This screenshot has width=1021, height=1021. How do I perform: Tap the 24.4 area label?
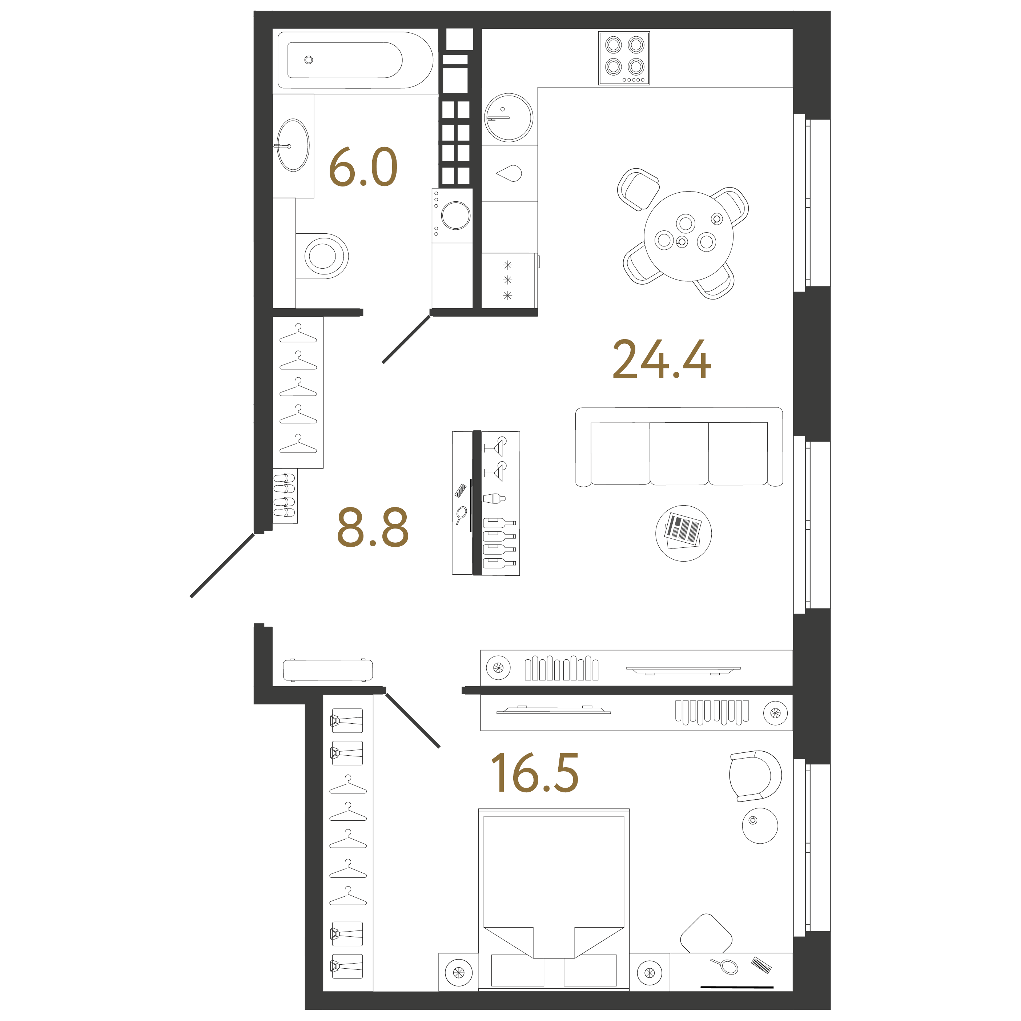pos(662,359)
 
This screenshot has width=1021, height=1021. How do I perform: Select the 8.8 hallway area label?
pos(373,527)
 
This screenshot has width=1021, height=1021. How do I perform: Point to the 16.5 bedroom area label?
pos(535,773)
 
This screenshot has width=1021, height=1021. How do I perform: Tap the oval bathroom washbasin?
pos(293,145)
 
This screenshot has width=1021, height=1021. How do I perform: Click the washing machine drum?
pos(455,216)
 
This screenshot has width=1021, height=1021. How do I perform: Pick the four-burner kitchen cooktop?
pos(624,57)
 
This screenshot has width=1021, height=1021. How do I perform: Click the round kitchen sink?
pos(509,117)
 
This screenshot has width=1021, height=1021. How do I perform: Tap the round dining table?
pos(688,236)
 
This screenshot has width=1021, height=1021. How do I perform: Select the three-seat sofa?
pos(679,447)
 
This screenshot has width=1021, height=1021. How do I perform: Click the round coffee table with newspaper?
pos(683,533)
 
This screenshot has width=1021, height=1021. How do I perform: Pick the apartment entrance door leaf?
pos(222,566)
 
